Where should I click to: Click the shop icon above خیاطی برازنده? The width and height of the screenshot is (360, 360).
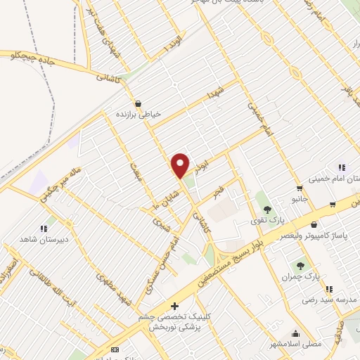(138, 103)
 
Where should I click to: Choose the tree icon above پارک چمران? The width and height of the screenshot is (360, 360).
(301, 265)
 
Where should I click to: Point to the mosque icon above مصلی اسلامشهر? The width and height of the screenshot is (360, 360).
(295, 334)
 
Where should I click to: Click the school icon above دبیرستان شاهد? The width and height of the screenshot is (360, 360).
(44, 228)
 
